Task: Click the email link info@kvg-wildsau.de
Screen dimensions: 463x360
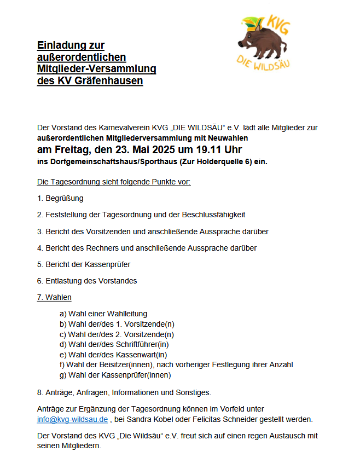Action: click(72, 420)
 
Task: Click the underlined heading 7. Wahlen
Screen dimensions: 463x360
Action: click(54, 298)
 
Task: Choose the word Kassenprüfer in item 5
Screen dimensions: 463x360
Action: click(108, 264)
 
